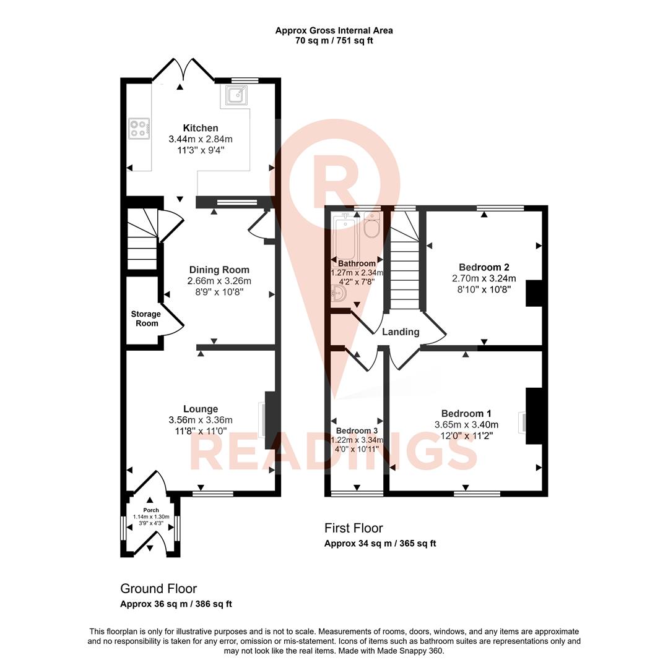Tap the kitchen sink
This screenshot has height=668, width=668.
[x=235, y=95]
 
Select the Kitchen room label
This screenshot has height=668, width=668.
[x=200, y=128]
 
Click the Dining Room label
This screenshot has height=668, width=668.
[x=219, y=270]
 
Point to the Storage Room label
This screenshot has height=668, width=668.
[x=145, y=319]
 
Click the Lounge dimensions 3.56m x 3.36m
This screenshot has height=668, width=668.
[x=201, y=421]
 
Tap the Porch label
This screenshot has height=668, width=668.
[x=151, y=510]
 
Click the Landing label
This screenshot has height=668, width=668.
[x=401, y=332]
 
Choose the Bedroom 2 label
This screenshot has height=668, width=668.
[x=484, y=267]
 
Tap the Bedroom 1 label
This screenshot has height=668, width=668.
[x=466, y=413]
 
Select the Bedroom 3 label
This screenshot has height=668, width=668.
[x=357, y=430]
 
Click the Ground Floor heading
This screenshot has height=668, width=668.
[x=158, y=589]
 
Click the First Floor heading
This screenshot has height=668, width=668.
[x=354, y=528]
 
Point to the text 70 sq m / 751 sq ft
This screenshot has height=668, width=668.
[x=334, y=41]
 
